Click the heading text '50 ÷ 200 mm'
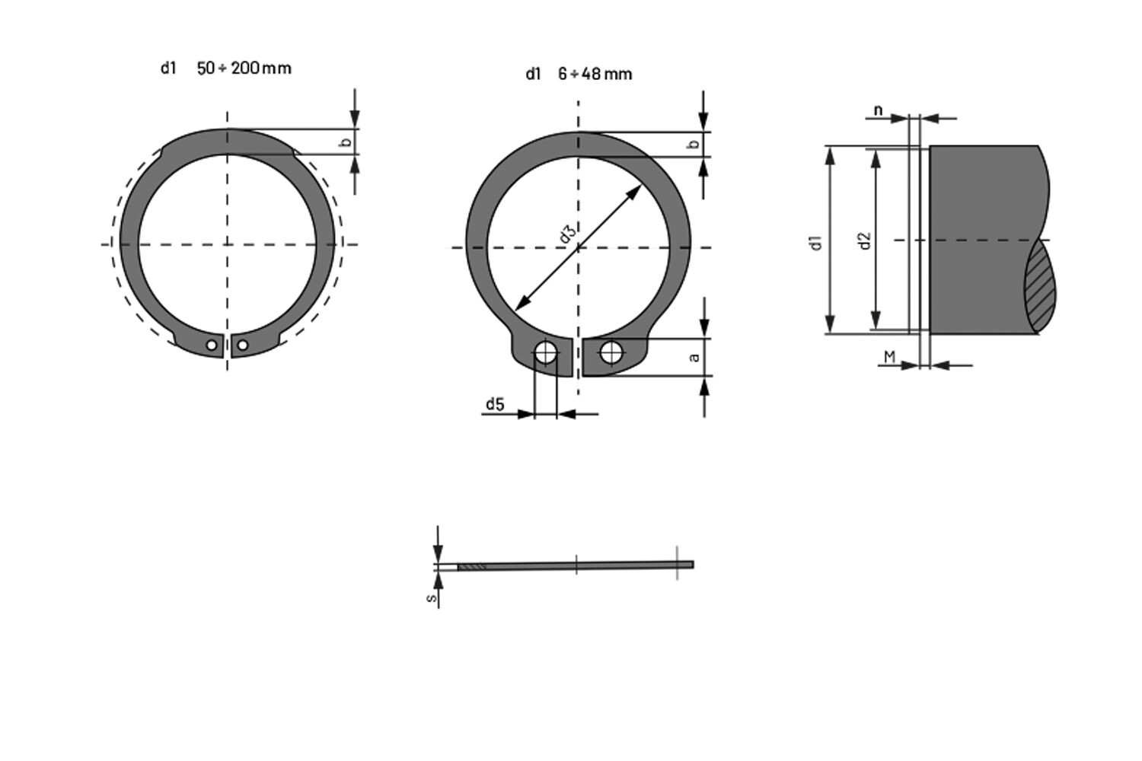click(x=244, y=68)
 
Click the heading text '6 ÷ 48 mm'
click(x=595, y=74)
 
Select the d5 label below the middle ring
click(x=495, y=404)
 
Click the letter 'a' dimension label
click(x=694, y=356)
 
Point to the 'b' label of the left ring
click(x=346, y=142)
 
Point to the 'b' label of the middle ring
click(x=694, y=145)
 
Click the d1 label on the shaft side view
click(x=817, y=242)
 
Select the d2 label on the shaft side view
click(x=864, y=240)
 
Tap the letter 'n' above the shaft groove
click(x=878, y=110)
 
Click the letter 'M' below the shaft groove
click(x=888, y=356)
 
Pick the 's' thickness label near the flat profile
click(x=432, y=597)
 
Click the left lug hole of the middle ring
click(x=545, y=352)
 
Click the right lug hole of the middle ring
click(x=611, y=352)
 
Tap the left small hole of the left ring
click(x=212, y=345)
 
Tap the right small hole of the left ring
click(x=242, y=345)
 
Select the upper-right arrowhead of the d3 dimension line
click(x=634, y=193)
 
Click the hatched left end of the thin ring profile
click(x=471, y=566)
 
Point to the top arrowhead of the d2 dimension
click(x=876, y=157)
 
